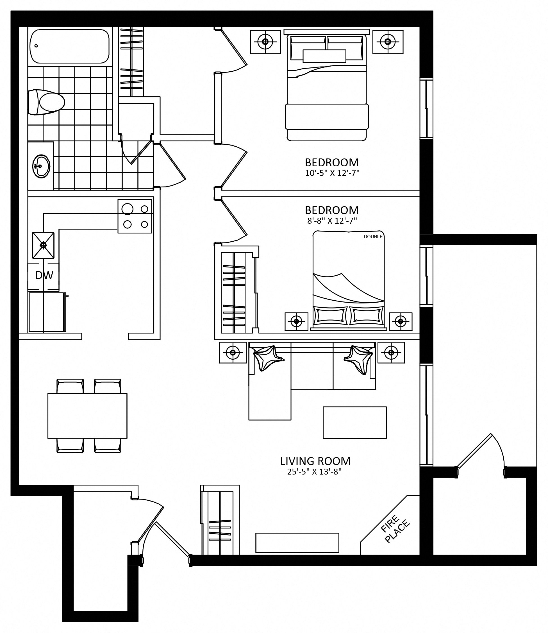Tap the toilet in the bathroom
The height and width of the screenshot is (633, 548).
tap(46, 102)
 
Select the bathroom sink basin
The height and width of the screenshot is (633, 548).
tap(41, 166)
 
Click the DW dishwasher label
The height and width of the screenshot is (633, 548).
tap(44, 275)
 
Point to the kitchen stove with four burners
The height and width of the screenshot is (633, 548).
tap(135, 216)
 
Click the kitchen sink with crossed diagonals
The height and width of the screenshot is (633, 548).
tap(44, 245)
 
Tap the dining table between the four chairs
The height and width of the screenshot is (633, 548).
tap(87, 416)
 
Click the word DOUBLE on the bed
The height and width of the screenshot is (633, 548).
tap(373, 237)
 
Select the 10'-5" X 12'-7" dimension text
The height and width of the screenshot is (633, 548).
tap(332, 173)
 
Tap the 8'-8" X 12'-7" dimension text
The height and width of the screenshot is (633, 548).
tap(332, 221)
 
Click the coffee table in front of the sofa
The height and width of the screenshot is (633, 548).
tap(355, 423)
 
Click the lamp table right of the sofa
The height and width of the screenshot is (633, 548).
tap(391, 353)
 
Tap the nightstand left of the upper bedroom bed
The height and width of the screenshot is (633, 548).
tap(265, 42)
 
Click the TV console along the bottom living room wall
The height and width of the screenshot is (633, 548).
tap(297, 543)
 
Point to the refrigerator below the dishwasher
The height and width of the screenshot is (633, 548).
tap(47, 312)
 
